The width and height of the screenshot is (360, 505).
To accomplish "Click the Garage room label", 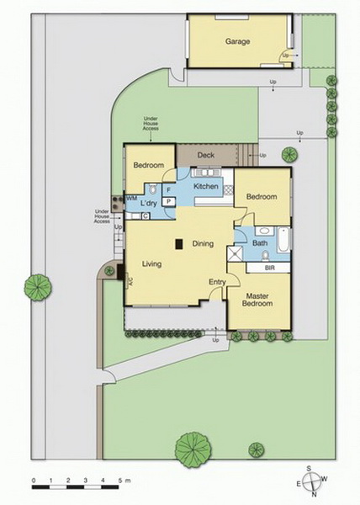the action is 237,41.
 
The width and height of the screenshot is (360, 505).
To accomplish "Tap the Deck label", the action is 206,155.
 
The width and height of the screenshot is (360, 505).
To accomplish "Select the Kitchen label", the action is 206,186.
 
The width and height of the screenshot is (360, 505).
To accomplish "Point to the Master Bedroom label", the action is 257,300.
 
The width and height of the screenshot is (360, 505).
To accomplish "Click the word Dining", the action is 203,243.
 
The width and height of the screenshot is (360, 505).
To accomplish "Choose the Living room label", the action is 152,264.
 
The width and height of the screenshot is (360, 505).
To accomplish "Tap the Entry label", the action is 217,282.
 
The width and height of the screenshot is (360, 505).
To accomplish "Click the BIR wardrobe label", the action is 270,268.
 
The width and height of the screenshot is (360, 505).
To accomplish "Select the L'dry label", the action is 149,203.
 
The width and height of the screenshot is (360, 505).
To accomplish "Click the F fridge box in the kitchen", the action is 168,190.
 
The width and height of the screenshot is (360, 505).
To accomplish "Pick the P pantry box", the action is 168,202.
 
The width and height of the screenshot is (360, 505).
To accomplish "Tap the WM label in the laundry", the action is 132,198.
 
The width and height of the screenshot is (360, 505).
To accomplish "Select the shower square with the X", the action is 235,253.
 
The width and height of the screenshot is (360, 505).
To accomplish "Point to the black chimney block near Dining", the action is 179,244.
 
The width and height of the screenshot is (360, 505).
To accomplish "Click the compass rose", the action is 312,481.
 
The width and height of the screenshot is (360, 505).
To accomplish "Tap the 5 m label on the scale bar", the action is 124,481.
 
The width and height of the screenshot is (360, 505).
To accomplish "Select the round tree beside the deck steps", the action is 289,155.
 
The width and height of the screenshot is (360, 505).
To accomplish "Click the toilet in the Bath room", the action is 266,256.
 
